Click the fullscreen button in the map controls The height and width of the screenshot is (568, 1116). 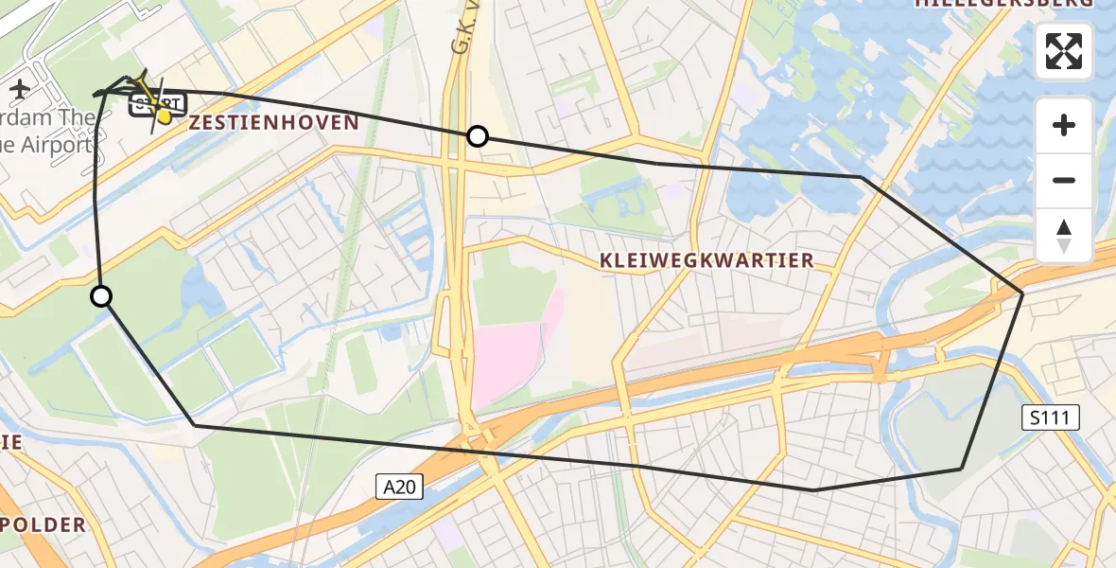[1064, 51]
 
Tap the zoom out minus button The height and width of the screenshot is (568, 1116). [1064, 180]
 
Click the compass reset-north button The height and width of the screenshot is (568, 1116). [1064, 236]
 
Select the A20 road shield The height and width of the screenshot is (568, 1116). [399, 488]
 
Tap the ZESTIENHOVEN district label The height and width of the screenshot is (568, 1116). [274, 122]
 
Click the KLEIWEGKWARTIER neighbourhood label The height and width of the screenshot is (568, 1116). [706, 260]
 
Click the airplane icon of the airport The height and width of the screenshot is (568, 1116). [20, 90]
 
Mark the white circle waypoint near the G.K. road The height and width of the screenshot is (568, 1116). [478, 136]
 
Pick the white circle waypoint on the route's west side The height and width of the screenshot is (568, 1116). [101, 297]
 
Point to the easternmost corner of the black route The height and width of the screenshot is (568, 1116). [1022, 293]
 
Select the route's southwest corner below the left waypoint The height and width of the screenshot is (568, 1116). [196, 426]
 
